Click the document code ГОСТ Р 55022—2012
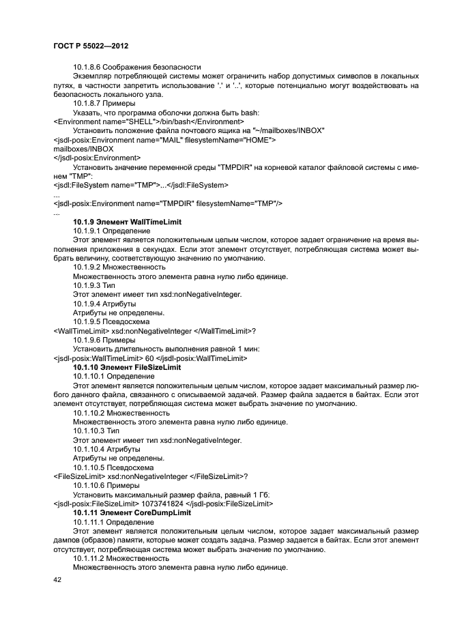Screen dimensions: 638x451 (x=91, y=46)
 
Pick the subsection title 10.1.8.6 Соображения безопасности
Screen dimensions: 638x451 (x=136, y=66)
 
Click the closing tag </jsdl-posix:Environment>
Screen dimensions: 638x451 (x=97, y=157)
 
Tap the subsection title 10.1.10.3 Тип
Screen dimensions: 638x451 (x=96, y=431)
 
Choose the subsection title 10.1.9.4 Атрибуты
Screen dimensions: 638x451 (x=104, y=303)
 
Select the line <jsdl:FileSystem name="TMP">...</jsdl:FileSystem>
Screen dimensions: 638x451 (x=141, y=185)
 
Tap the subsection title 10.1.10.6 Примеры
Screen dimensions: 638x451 (x=106, y=485)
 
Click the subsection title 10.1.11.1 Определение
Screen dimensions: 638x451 (x=113, y=521)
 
